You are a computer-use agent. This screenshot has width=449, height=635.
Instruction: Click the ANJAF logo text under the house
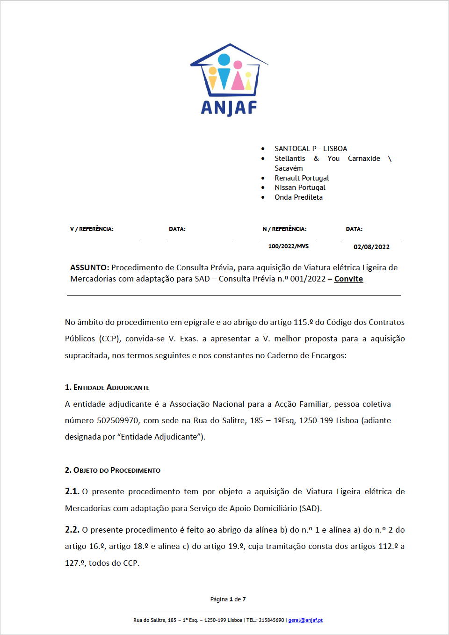[229, 108]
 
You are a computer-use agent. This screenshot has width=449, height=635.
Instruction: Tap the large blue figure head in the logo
[224, 59]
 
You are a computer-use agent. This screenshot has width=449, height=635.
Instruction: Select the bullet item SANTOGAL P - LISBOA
[311, 149]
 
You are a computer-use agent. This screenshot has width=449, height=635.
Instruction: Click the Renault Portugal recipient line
[302, 178]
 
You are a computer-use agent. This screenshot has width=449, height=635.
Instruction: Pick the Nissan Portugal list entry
[300, 188]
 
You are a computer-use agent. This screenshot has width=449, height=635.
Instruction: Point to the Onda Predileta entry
[298, 197]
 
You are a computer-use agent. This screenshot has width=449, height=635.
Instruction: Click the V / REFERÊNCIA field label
[92, 229]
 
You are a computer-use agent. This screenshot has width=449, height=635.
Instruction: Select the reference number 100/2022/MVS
[288, 246]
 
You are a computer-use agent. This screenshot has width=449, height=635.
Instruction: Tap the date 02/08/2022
[371, 247]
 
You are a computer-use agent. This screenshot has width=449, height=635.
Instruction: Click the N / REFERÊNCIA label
[284, 229]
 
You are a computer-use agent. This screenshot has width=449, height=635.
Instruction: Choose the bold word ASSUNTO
[89, 267]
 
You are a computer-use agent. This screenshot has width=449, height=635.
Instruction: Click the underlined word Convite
[348, 279]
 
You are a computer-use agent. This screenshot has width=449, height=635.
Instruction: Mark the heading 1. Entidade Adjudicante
[107, 388]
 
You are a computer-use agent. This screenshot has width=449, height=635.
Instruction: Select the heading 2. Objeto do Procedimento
[113, 470]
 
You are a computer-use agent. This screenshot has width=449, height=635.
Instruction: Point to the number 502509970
[117, 420]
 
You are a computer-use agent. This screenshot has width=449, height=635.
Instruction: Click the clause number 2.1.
[72, 491]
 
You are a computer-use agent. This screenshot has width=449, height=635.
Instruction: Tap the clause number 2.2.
[72, 530]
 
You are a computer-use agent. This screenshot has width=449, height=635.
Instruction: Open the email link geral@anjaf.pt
[305, 620]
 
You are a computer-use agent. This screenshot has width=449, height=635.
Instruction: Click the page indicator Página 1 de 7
[228, 599]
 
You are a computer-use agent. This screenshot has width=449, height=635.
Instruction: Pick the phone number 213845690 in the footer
[271, 620]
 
